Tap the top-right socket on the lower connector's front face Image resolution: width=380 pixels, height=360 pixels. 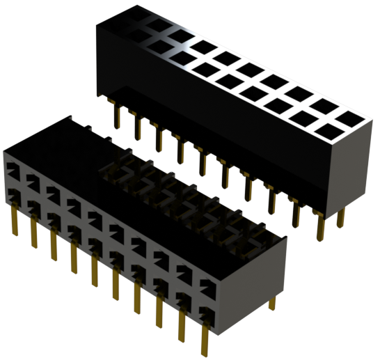pyautogui.click(x=207, y=281)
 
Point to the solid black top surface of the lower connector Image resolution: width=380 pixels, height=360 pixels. pyautogui.click(x=63, y=150)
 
